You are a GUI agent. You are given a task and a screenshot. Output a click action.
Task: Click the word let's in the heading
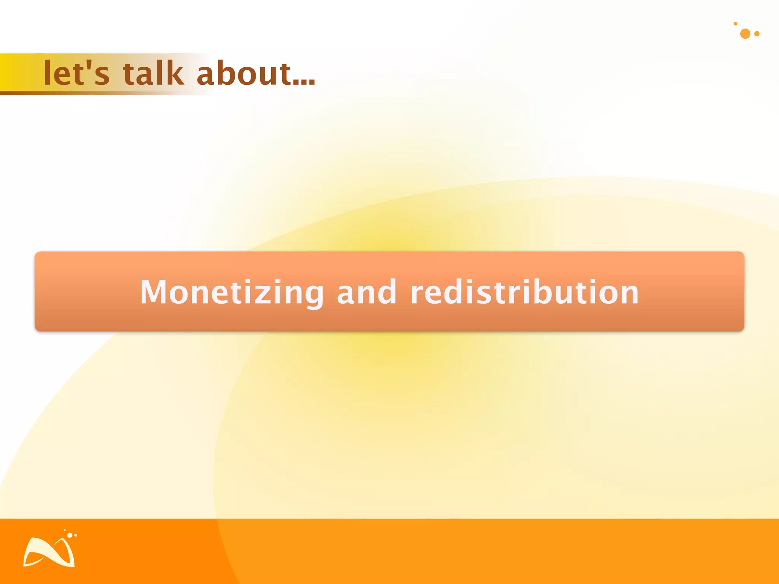76,73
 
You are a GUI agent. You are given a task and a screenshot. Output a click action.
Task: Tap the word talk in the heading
153,73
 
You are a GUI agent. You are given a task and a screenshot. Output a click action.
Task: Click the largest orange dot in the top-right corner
745,34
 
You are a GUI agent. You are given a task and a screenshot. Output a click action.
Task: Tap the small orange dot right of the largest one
757,34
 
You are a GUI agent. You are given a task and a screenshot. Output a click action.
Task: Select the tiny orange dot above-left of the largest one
735,24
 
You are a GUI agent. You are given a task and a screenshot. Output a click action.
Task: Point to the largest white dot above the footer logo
70,535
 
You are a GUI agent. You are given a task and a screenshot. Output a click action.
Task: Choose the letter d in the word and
388,292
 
